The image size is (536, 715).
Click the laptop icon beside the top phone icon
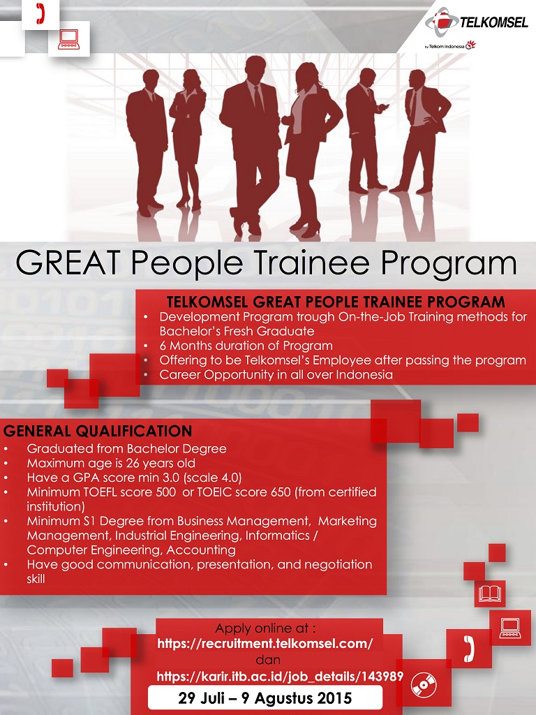click(69, 39)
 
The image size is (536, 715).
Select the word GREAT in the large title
click(68, 263)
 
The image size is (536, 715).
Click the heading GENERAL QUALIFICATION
click(98, 431)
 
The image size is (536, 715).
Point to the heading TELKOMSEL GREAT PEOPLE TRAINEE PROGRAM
click(336, 302)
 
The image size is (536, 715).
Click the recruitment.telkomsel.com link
click(265, 643)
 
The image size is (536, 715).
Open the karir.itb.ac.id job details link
click(280, 676)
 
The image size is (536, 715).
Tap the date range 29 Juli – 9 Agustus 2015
click(265, 698)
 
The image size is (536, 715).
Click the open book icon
click(490, 594)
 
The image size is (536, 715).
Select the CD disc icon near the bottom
click(424, 685)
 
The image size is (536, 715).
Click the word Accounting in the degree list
click(201, 550)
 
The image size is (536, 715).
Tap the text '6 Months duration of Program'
click(246, 346)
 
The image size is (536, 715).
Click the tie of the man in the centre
click(258, 99)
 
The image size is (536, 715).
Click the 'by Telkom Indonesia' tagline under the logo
click(450, 45)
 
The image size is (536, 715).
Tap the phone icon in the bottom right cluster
click(468, 649)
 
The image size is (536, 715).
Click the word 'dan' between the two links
click(268, 660)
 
